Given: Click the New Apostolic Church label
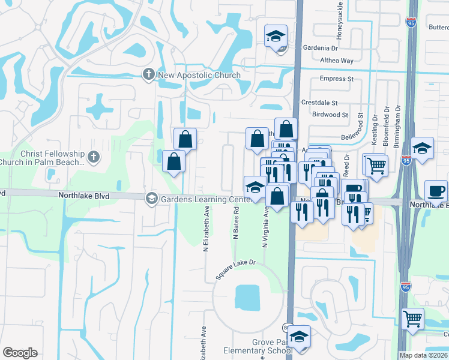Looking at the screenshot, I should click(x=199, y=75).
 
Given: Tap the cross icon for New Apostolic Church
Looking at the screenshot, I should click(x=148, y=74).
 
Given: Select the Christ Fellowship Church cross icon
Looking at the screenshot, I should click(x=92, y=157).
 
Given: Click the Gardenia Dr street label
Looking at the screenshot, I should click(x=320, y=48).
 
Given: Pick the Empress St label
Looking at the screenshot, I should click(x=337, y=79).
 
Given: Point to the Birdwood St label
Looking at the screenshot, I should click(x=330, y=115).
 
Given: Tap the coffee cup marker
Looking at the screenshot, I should click(x=436, y=191).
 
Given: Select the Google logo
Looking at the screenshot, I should click(x=20, y=353).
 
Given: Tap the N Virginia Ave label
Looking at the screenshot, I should click(x=264, y=228).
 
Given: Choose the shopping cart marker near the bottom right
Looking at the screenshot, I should click(x=412, y=319).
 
